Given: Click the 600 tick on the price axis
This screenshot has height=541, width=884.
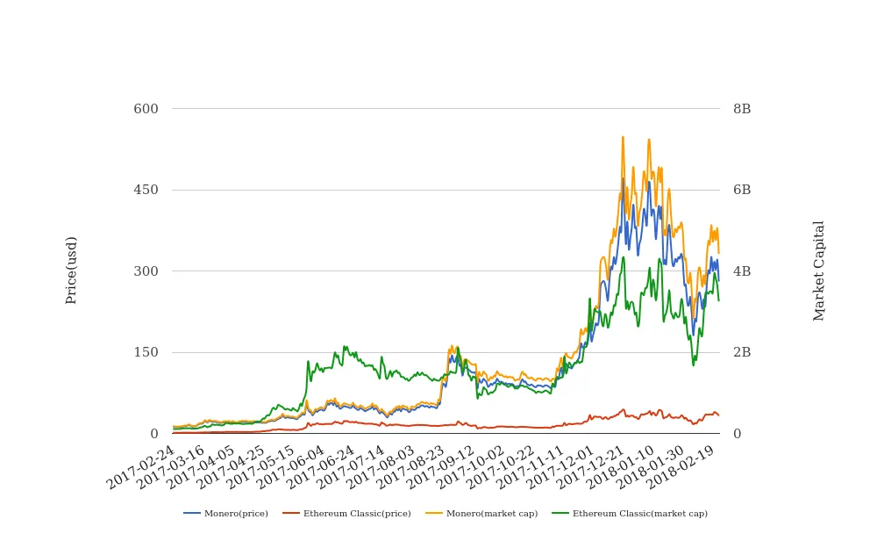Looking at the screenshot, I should tap(146, 109).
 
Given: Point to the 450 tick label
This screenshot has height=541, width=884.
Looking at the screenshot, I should tap(146, 190).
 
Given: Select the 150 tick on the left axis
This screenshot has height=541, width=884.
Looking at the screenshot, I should tap(146, 352).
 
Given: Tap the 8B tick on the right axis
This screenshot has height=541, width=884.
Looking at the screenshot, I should tap(742, 109).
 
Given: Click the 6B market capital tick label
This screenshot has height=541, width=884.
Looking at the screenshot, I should tap(742, 190).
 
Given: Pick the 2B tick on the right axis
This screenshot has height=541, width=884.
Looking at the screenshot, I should tap(742, 352).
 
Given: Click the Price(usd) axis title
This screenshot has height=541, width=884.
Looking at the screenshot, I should tap(71, 270).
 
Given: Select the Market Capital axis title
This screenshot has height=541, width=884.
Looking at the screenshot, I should tap(819, 270).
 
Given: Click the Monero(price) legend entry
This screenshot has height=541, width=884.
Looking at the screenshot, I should tap(226, 513).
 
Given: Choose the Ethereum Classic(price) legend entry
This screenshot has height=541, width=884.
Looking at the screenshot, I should tap(346, 513).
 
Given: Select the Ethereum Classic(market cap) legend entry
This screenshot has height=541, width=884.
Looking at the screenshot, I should tap(629, 513).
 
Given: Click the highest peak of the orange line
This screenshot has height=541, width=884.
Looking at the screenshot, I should tap(623, 137).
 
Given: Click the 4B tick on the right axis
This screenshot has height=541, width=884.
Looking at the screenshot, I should tap(742, 271).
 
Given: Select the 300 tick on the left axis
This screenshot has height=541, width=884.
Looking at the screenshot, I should tap(146, 271).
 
